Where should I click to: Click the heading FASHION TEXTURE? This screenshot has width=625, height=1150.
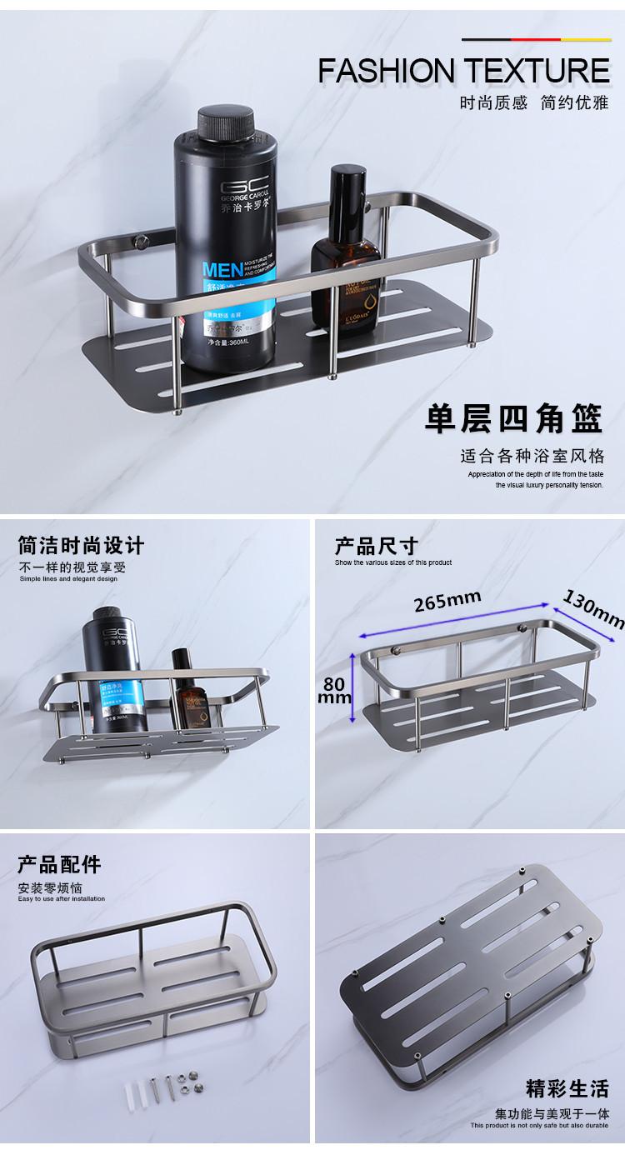(x=464, y=72)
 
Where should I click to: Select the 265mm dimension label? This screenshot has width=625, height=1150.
(x=437, y=600)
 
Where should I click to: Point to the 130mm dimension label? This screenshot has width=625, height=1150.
(x=594, y=609)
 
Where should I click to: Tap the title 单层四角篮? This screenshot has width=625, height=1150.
(x=514, y=419)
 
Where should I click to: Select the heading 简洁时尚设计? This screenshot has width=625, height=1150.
(x=82, y=547)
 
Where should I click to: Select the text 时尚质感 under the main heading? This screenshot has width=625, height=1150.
(x=493, y=104)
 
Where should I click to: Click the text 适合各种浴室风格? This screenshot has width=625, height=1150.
(x=532, y=457)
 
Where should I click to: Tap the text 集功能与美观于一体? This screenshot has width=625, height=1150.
(x=552, y=1113)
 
